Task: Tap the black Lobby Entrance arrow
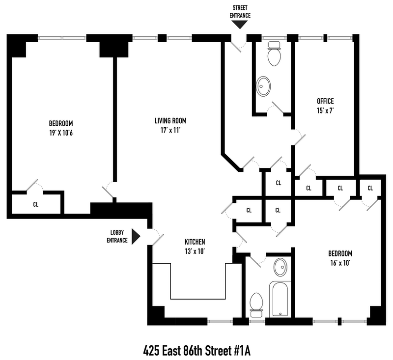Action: pyautogui.click(x=136, y=237)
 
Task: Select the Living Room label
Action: pyautogui.click(x=170, y=121)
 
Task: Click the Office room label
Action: pyautogui.click(x=325, y=101)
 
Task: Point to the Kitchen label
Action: pyautogui.click(x=195, y=242)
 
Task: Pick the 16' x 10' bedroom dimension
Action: pyautogui.click(x=340, y=263)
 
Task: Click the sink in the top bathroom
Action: pyautogui.click(x=264, y=86)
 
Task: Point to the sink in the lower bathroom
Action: pyautogui.click(x=280, y=267)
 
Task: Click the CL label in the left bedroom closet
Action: pyautogui.click(x=36, y=205)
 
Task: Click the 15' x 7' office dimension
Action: pyautogui.click(x=325, y=111)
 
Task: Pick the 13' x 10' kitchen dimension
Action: pyautogui.click(x=195, y=251)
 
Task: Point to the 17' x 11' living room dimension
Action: pyautogui.click(x=170, y=130)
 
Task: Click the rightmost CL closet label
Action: pyautogui.click(x=370, y=188)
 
